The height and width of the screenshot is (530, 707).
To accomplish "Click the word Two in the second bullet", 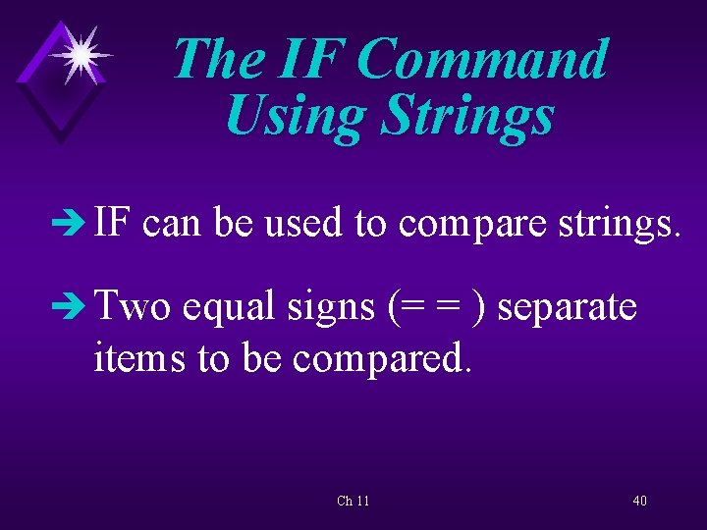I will coord(134,307).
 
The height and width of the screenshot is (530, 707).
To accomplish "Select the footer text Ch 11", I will coord(353,502).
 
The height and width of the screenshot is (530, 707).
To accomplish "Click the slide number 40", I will coord(639,502).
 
